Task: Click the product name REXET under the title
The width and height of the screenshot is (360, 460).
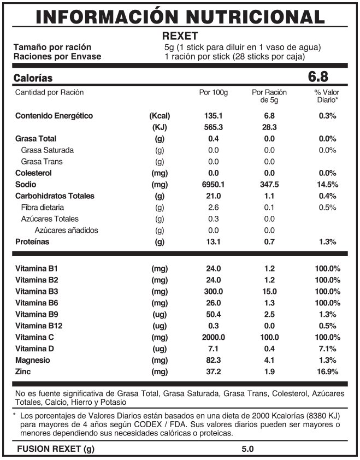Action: pos(180,36)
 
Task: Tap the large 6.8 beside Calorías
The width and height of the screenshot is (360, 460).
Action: pos(319,76)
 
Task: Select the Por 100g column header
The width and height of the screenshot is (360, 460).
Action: pos(213,92)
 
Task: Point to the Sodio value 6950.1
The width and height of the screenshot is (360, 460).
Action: pos(213,185)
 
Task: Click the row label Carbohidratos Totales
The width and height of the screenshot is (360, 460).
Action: pos(55,196)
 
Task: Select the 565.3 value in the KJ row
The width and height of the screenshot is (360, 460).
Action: pos(213,127)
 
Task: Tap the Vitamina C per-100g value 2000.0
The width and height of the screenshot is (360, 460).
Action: pos(213,337)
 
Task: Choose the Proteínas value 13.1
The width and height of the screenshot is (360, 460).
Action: pos(213,242)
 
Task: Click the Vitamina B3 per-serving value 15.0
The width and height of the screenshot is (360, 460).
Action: pos(269,291)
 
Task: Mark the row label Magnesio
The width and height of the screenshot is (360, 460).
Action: pos(33,360)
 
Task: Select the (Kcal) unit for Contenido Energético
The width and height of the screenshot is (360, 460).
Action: pos(160,116)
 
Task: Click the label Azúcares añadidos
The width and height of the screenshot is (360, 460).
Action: pos(67,231)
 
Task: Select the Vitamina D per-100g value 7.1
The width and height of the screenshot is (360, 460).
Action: pos(213,349)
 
